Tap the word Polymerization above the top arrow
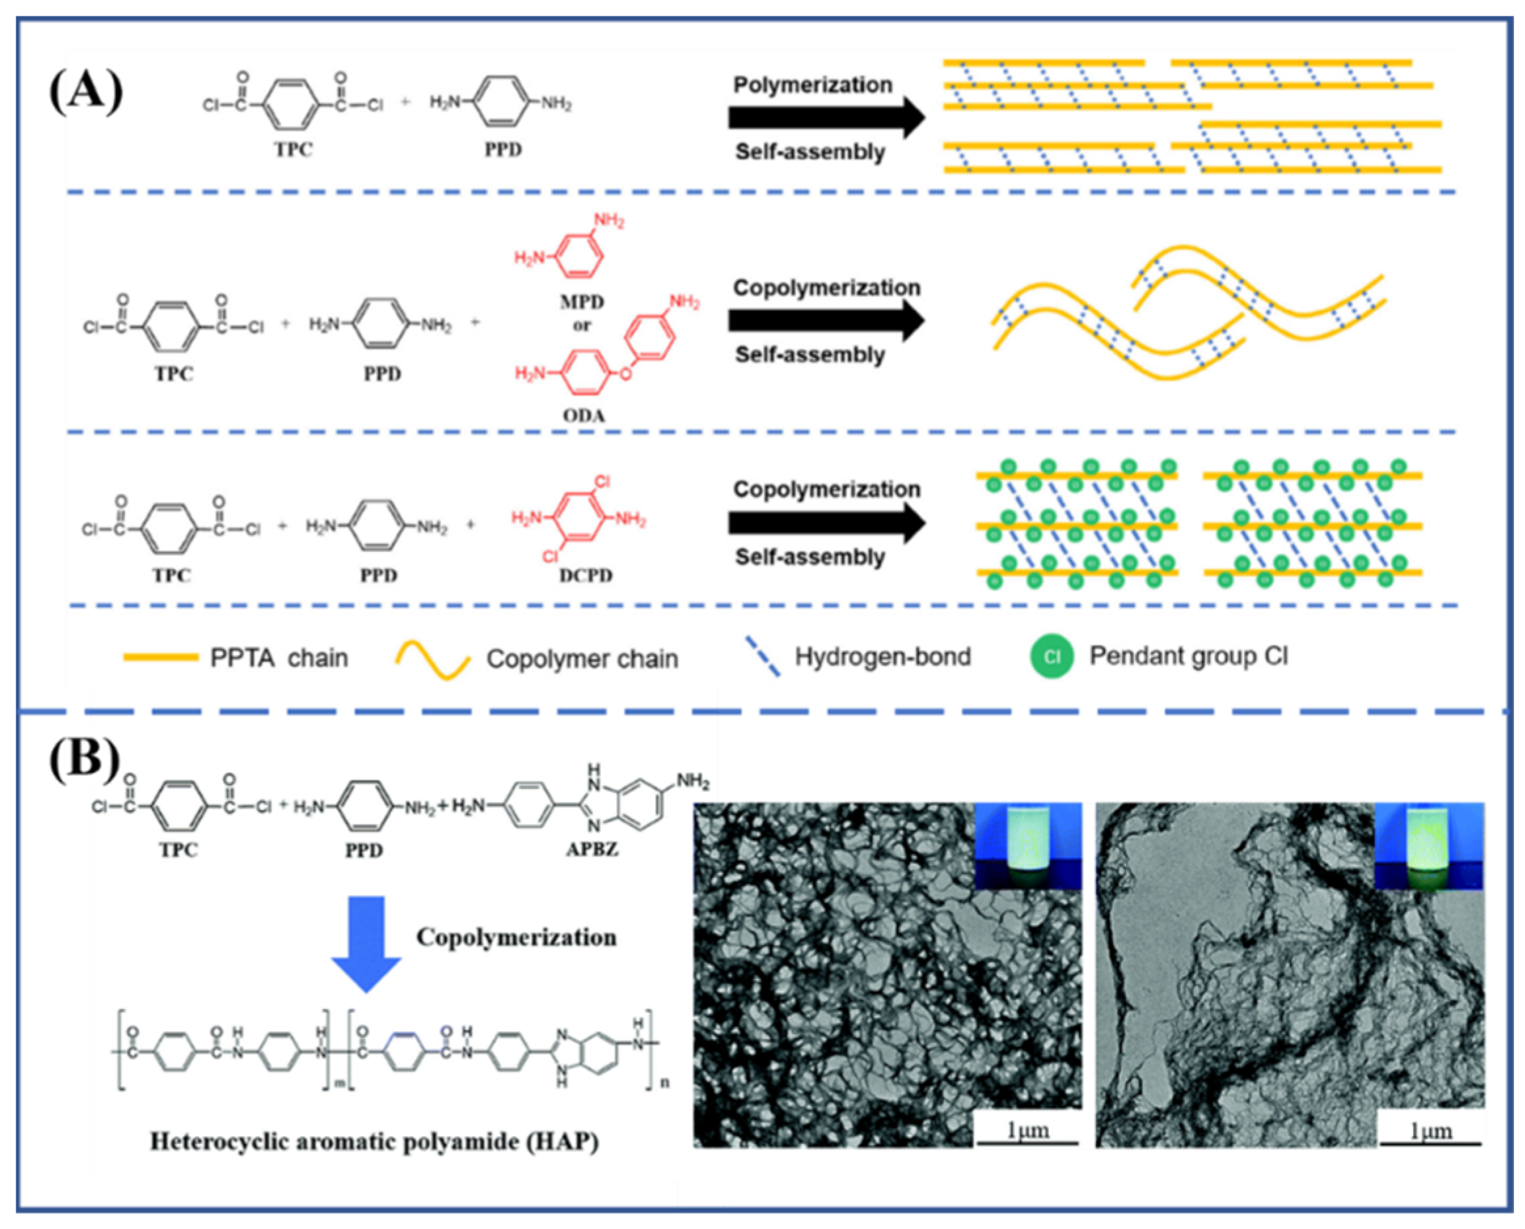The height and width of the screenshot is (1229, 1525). (x=812, y=85)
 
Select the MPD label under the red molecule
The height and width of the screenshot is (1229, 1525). (x=582, y=303)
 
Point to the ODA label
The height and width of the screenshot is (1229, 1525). (x=584, y=416)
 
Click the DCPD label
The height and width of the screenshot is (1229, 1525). (x=585, y=576)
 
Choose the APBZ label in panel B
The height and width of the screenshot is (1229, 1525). (x=592, y=849)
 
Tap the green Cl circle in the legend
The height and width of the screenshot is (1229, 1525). (x=1052, y=657)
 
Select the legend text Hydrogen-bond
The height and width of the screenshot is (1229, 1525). (x=882, y=657)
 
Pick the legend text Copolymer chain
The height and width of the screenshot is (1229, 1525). (x=582, y=659)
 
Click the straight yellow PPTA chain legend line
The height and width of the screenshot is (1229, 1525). (x=160, y=657)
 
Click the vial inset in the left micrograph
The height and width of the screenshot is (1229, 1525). (x=1028, y=846)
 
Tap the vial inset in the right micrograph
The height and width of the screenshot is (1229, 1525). (x=1429, y=846)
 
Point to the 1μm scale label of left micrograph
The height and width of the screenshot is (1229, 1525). (x=1028, y=1131)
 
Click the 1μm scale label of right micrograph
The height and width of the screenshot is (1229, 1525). (x=1431, y=1131)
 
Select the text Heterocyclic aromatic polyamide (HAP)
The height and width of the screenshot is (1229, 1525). (x=374, y=1142)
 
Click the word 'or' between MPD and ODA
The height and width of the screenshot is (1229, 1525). (x=582, y=325)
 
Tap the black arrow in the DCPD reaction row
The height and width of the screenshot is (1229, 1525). (x=826, y=523)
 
